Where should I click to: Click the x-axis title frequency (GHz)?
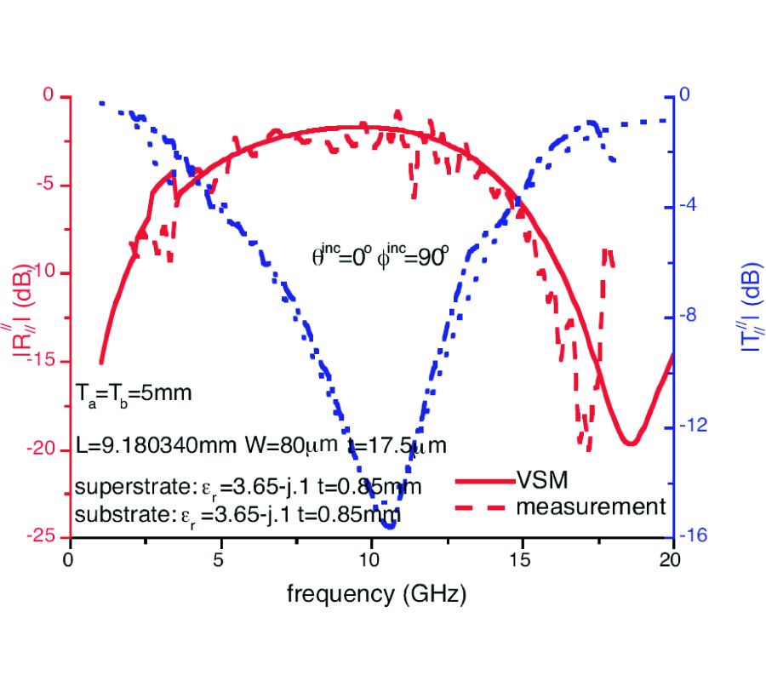(376, 593)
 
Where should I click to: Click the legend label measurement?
(590, 506)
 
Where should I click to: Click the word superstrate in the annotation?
(124, 487)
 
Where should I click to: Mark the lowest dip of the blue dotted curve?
(390, 524)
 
